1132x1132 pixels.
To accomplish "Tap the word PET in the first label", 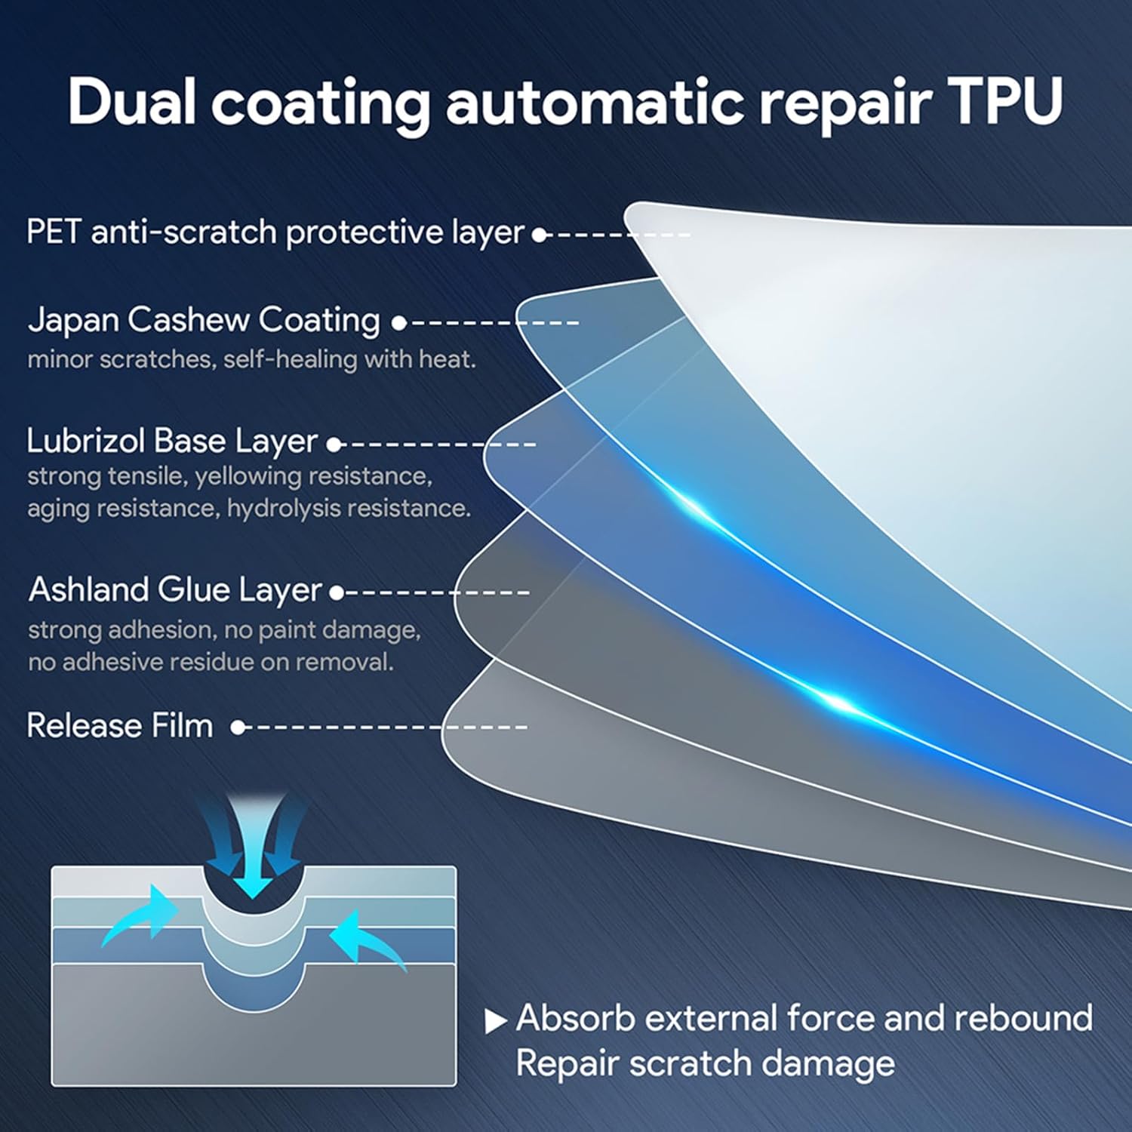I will pos(53,232).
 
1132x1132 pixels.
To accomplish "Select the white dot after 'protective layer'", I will pos(539,235).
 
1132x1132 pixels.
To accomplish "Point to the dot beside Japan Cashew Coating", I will pos(398,323).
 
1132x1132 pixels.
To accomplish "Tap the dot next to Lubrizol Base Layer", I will pos(334,444).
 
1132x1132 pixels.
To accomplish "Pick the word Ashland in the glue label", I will pos(88,589).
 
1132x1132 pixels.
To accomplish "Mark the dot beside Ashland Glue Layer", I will pos(337,593).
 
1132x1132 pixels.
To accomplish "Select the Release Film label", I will pos(119,725).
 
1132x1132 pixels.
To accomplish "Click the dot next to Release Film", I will pos(238,727).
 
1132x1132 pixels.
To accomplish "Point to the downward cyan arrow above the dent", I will pos(253,860).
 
